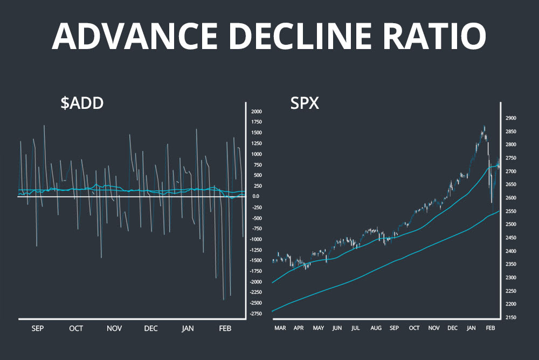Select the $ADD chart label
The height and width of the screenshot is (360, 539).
pos(81,103)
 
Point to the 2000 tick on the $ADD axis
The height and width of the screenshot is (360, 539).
pos(256,112)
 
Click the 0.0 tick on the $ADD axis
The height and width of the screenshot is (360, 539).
pos(256,197)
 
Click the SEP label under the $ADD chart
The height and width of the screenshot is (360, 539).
pos(38,328)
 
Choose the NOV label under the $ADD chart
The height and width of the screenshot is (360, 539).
pos(114,328)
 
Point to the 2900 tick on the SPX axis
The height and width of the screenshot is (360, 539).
pos(510,118)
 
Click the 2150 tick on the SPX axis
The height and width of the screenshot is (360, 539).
pos(510,317)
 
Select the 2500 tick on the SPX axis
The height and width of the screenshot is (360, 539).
pos(510,224)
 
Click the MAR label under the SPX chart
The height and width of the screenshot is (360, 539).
pos(280,328)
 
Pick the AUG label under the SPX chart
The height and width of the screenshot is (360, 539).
pos(376,328)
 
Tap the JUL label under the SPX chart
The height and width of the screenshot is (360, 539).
pos(356,328)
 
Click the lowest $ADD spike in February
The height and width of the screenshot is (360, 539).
pos(223,300)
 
